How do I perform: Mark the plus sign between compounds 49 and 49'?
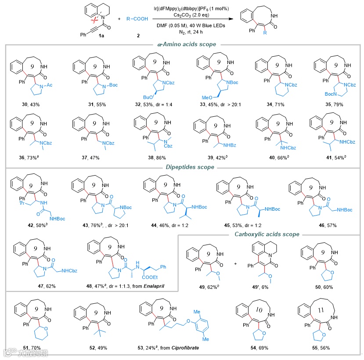tap(236, 264)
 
